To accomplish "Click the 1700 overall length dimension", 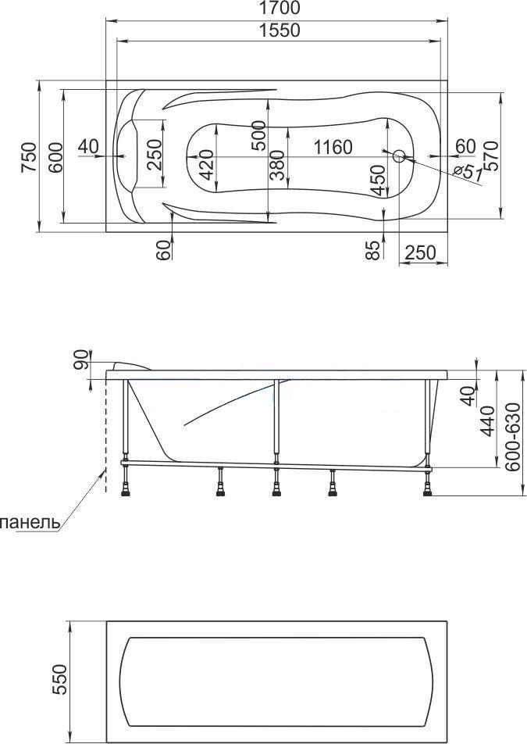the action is click(x=279, y=8).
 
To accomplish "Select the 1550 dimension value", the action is click(x=280, y=30).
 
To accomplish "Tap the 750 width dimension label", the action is click(x=28, y=158).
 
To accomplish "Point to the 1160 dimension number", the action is click(x=333, y=147).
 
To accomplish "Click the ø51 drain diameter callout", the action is click(x=467, y=172).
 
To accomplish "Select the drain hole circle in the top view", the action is click(x=399, y=156).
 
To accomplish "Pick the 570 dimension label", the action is click(x=491, y=156).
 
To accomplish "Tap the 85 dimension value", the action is click(x=374, y=250).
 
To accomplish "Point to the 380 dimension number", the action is click(x=276, y=166).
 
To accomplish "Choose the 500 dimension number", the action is click(x=258, y=135).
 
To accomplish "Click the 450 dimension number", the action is click(x=378, y=181).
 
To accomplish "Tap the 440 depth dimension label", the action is click(x=488, y=420).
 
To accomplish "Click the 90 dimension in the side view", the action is click(x=81, y=359).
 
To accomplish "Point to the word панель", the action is click(x=30, y=523).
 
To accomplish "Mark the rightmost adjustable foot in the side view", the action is click(x=427, y=482).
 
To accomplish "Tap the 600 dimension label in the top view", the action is click(x=55, y=157).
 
